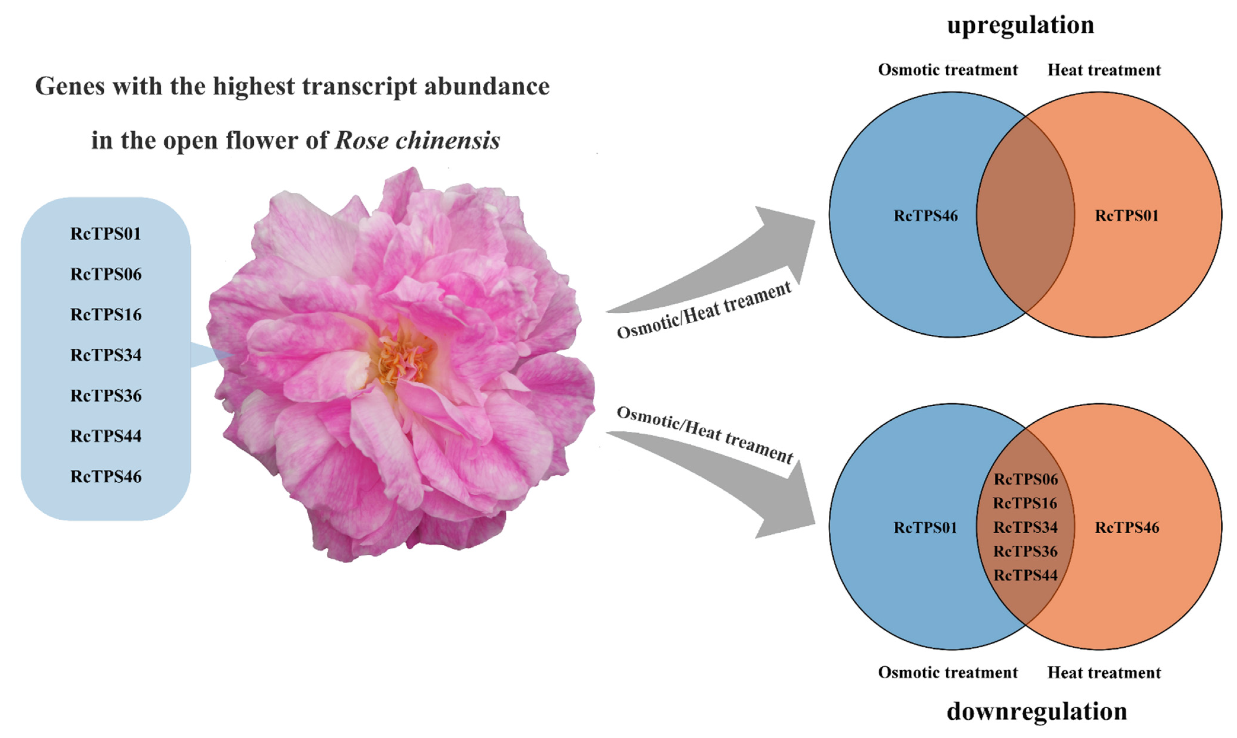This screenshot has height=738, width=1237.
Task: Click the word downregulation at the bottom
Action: [1037, 711]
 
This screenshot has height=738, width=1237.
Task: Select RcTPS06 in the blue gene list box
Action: [106, 274]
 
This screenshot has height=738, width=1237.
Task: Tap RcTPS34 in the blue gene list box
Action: [106, 355]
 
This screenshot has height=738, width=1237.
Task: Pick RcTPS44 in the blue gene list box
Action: [106, 436]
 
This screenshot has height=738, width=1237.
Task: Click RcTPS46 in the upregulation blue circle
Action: [925, 216]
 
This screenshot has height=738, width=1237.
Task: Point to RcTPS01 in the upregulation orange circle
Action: [1127, 216]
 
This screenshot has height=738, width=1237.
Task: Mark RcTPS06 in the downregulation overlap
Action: [1025, 479]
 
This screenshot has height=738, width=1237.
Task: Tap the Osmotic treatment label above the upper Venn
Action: [948, 70]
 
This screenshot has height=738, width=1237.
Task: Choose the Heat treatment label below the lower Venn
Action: [1104, 673]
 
